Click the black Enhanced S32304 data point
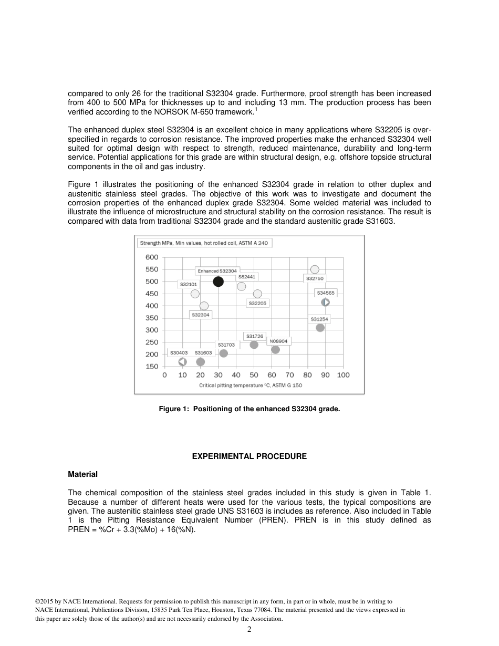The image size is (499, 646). [218, 282]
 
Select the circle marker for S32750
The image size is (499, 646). [315, 270]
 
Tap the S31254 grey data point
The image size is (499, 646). [320, 328]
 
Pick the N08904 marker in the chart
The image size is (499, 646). [275, 350]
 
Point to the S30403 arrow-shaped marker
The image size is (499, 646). [182, 362]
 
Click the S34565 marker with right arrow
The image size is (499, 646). [326, 303]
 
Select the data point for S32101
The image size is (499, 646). [195, 294]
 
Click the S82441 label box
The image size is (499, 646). [247, 277]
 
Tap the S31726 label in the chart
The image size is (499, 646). [255, 336]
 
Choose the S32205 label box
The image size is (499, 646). [257, 303]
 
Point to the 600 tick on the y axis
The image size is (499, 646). [151, 257]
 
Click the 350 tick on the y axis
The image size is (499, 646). [151, 318]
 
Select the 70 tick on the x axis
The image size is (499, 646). [289, 375]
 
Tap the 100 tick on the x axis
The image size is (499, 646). [343, 375]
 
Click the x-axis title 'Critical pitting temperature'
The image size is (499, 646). [251, 385]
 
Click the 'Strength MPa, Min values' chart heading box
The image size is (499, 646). [205, 243]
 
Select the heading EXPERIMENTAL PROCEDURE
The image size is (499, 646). [249, 457]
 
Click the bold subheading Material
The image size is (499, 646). [82, 474]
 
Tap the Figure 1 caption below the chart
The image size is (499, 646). [250, 409]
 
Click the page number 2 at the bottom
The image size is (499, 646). [250, 630]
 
